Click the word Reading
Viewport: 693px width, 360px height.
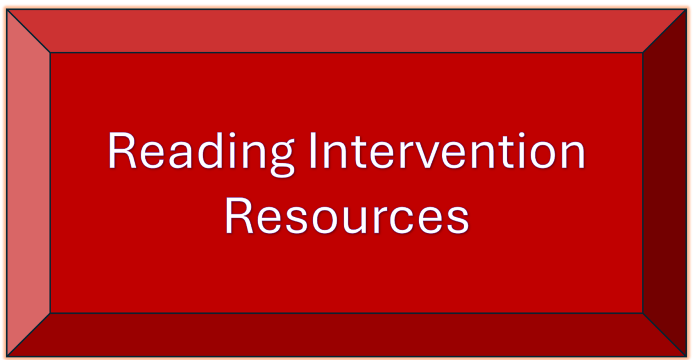(x=201, y=151)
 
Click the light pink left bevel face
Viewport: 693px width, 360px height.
(x=28, y=181)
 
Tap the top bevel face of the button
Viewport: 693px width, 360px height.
(x=346, y=31)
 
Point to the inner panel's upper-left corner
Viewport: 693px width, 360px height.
(x=51, y=53)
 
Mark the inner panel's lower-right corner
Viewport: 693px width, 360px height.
(x=642, y=313)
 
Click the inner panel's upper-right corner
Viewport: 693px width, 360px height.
(x=642, y=53)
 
